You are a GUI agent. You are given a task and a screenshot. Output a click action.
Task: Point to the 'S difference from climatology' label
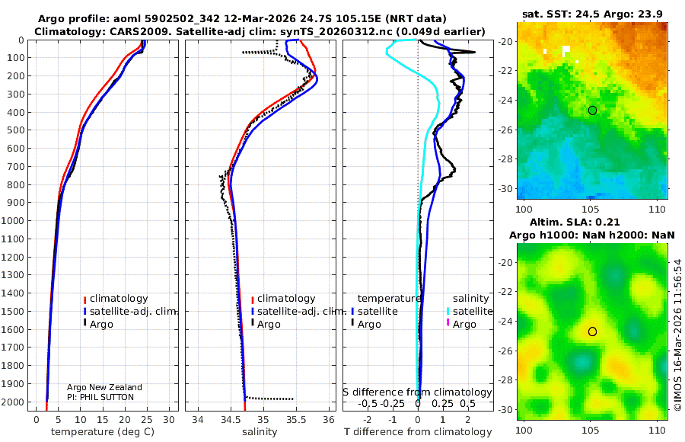[417, 392]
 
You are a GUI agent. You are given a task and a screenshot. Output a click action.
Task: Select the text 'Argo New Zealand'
[104, 388]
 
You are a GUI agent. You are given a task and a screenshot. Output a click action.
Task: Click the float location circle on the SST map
[592, 110]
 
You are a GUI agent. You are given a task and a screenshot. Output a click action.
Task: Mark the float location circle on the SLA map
[592, 331]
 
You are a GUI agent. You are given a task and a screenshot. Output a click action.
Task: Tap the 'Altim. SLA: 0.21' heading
[592, 221]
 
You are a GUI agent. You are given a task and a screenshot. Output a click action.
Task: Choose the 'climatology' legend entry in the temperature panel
[118, 299]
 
